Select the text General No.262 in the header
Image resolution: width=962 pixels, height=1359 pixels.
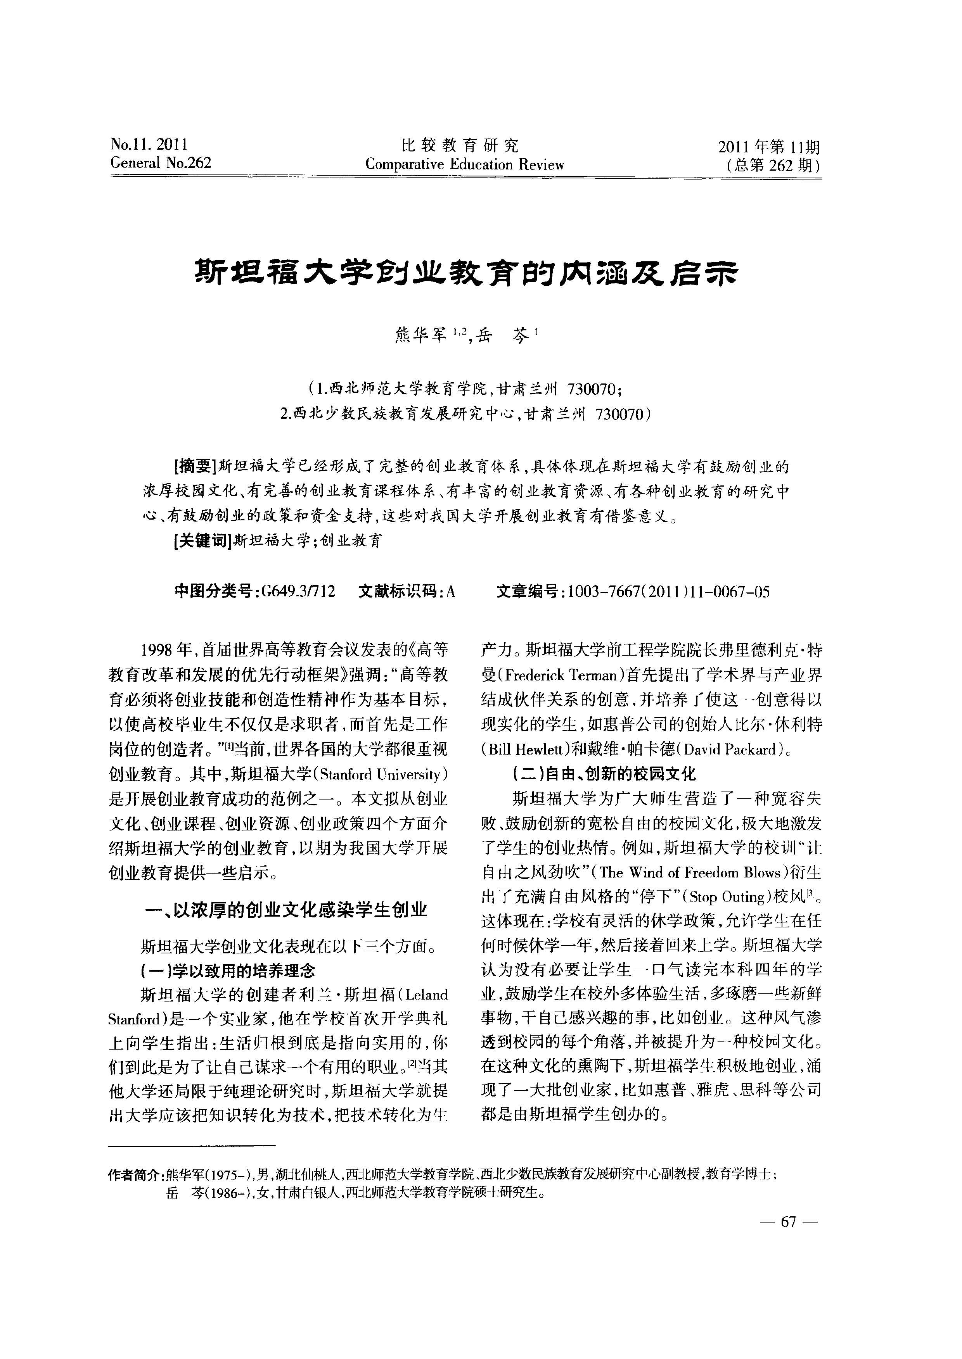click(x=161, y=163)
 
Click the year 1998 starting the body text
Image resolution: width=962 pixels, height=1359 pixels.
click(x=156, y=650)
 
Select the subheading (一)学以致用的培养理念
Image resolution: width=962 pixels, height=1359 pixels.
click(x=227, y=971)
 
